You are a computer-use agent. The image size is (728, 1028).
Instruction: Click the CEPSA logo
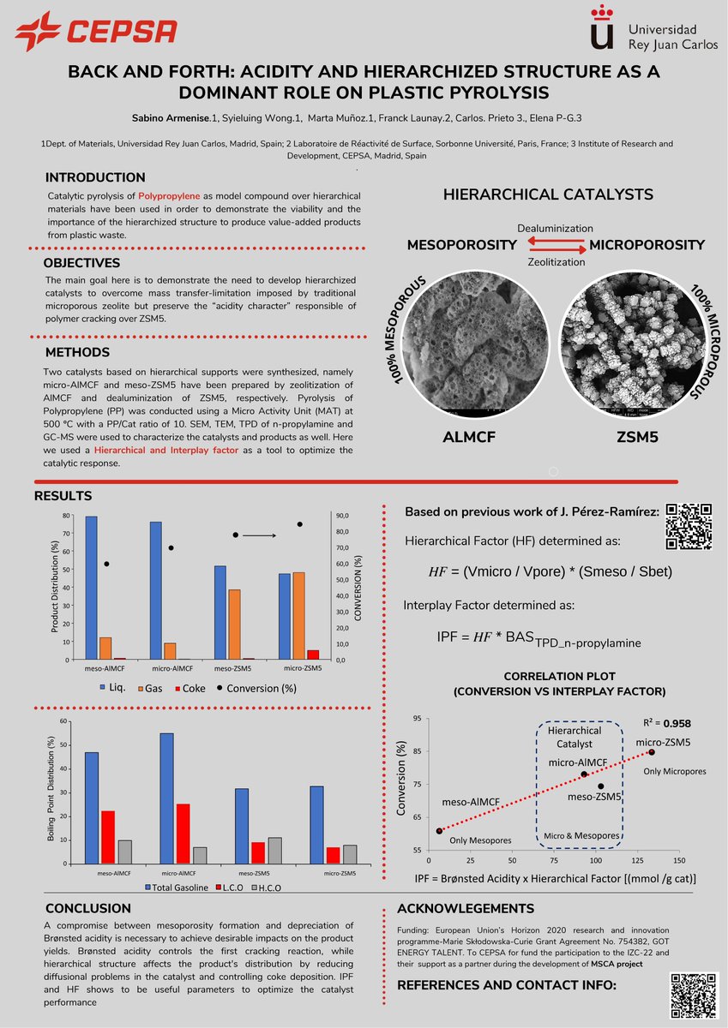pyautogui.click(x=95, y=33)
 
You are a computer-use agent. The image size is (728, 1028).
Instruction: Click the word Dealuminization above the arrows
pyautogui.click(x=555, y=229)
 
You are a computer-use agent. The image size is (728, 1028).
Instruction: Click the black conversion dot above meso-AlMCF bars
pyautogui.click(x=106, y=564)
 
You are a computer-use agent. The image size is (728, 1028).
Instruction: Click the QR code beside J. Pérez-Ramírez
pyautogui.click(x=689, y=525)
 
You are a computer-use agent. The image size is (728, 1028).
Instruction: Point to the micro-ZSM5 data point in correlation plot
pyautogui.click(x=652, y=752)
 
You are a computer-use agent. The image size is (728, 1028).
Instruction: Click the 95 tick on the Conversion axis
pyautogui.click(x=418, y=719)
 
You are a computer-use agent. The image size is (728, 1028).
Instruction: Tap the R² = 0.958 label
pyautogui.click(x=666, y=722)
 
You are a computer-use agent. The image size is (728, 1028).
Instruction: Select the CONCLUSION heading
pyautogui.click(x=88, y=908)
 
